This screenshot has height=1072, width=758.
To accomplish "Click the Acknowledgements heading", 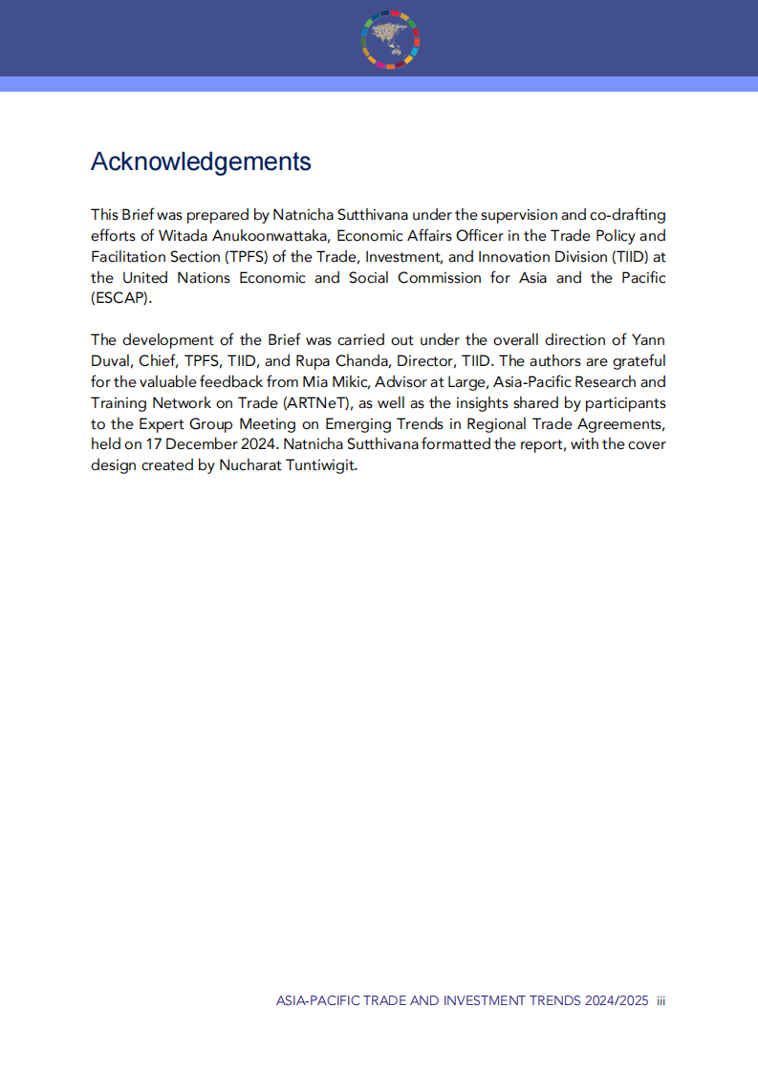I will pyautogui.click(x=201, y=161).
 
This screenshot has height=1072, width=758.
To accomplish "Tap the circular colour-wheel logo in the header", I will pyautogui.click(x=391, y=40).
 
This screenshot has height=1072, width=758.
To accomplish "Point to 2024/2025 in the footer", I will pyautogui.click(x=617, y=1000).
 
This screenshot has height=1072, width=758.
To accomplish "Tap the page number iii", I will pyautogui.click(x=661, y=1000).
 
